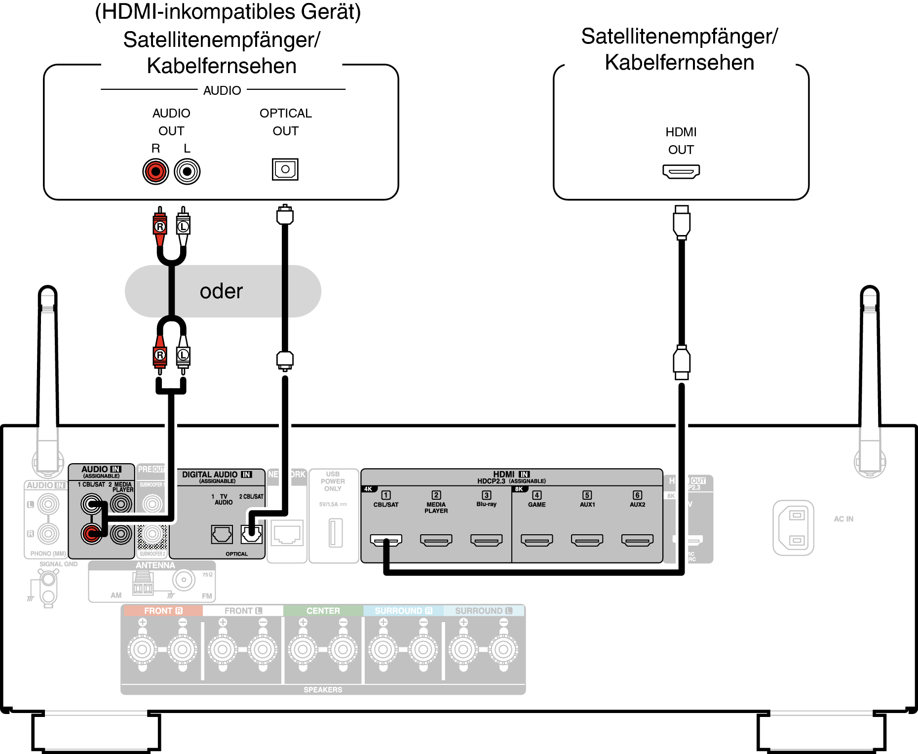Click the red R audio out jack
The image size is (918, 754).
pos(155,172)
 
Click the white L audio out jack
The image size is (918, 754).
pos(187,172)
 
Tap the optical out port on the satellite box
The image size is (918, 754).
pos(285,169)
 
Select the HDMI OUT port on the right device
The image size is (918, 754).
pos(681,172)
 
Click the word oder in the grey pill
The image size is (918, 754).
pos(221,291)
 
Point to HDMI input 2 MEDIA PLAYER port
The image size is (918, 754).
pos(436,541)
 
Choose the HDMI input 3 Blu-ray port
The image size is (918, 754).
pos(487,541)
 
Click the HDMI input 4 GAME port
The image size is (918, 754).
pos(537,541)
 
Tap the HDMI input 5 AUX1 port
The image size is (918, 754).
pos(587,541)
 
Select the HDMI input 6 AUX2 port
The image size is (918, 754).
pos(637,541)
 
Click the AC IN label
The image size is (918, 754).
pos(843,519)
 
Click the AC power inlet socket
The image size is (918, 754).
pos(793,528)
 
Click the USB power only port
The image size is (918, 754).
pos(336,533)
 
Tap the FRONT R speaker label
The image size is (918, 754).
pos(163,611)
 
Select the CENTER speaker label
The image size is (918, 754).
pos(323,611)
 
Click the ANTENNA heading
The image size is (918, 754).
pos(155,565)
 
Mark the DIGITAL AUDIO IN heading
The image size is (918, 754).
pos(217,475)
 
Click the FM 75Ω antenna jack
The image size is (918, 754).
pos(184,580)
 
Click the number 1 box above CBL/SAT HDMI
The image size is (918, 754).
pos(386,495)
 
